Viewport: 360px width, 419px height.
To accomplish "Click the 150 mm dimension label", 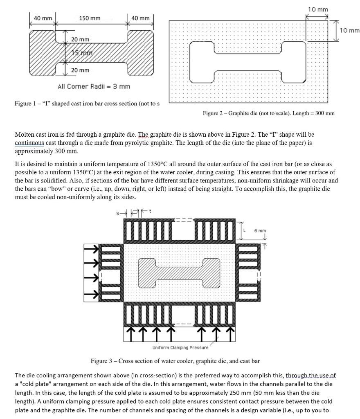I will pos(89,18).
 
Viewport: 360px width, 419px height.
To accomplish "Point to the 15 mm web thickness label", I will pos(82,53).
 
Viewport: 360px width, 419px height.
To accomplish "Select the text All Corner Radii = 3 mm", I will pos(94,86).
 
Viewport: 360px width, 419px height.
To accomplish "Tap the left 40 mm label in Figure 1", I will pos(43,18).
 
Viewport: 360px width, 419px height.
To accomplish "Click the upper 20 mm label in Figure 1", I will pos(80,39).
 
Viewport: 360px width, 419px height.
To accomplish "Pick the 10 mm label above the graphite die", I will pos(317,9).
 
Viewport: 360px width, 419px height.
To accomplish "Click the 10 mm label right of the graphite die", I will pos(349,30).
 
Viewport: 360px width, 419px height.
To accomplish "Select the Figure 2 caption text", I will pos(268,113).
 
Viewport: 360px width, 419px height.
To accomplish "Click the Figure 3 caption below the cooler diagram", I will pos(175,361).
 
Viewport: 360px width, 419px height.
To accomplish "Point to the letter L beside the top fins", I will pos(245,231).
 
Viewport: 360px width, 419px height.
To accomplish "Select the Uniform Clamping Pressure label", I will pos(180,348).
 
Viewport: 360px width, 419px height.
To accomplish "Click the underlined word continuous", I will pos(29,143).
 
